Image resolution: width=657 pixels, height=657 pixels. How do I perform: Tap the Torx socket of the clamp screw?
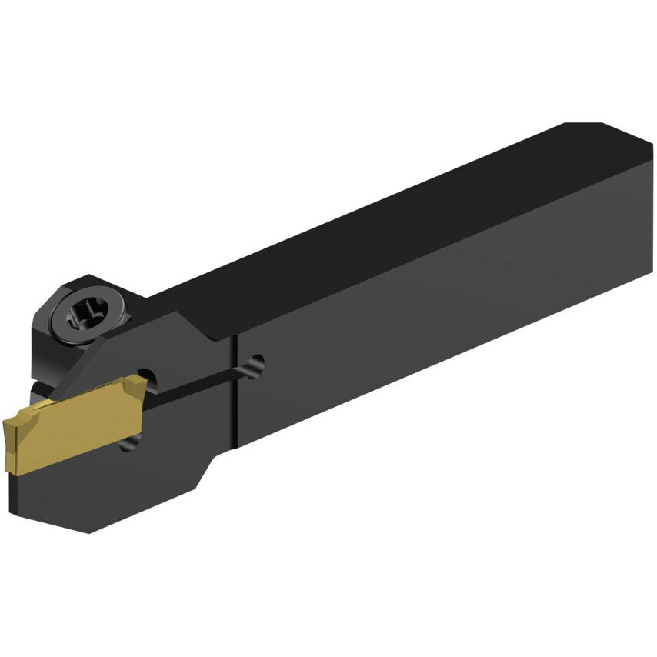click(x=85, y=312)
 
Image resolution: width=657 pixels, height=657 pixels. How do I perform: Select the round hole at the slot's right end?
click(x=257, y=366)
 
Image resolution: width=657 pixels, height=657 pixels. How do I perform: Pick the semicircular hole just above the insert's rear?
click(x=152, y=379)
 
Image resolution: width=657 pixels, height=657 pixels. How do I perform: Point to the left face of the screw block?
click(x=42, y=339)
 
